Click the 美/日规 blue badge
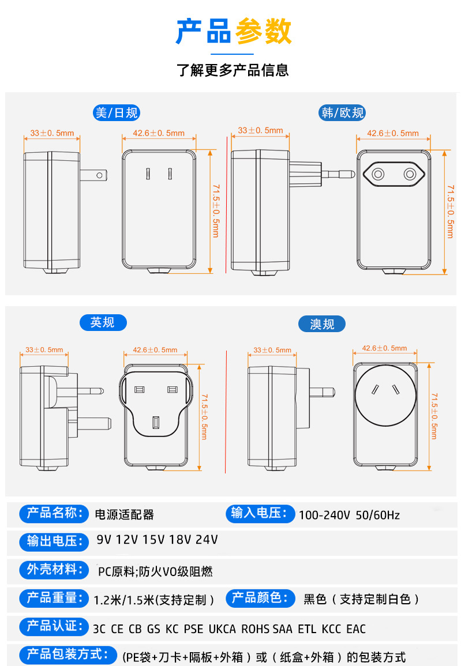117,113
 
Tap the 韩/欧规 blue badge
342,113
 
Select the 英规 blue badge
103,323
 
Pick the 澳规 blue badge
321,324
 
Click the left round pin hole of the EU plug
378,174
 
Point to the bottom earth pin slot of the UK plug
156,423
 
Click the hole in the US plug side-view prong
99,175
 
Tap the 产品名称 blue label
54,514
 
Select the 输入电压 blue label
260,514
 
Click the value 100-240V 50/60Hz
349,516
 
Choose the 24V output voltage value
207,540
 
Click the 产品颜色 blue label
260,598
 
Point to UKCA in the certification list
222,629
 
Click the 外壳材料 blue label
54,570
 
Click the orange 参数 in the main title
264,31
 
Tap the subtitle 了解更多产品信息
233,70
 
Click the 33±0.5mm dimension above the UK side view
44,350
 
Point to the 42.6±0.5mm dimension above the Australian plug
384,348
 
